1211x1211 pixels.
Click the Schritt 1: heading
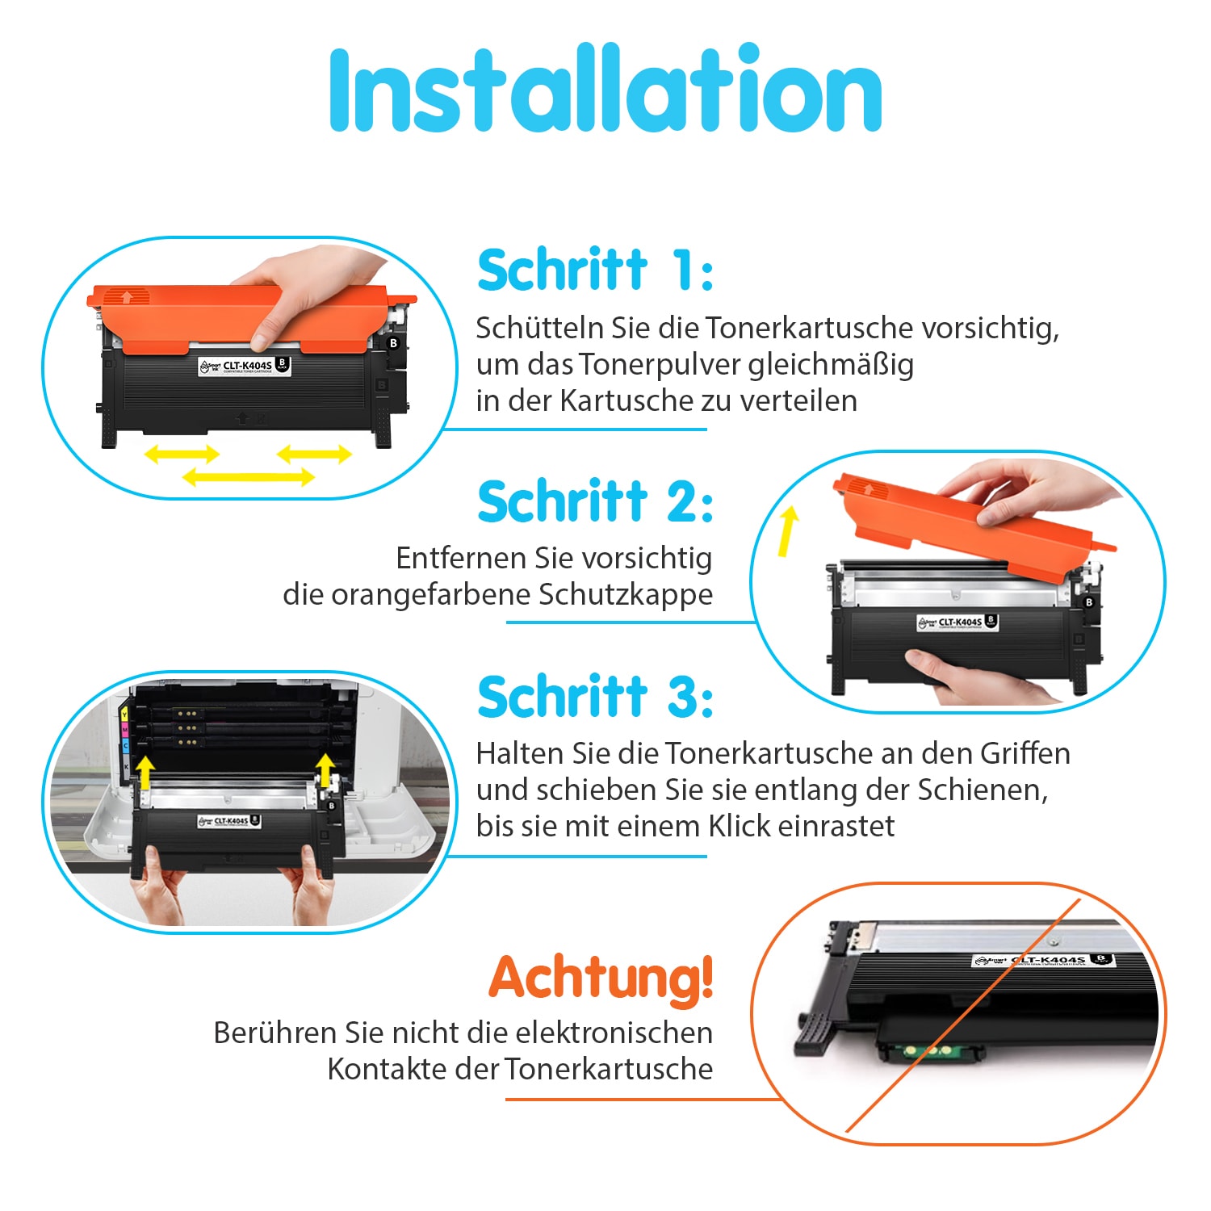[x=595, y=270]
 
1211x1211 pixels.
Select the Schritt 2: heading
[x=595, y=501]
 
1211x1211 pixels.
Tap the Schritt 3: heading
[x=595, y=696]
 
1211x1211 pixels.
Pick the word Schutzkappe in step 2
[x=626, y=595]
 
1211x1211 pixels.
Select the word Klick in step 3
[x=738, y=826]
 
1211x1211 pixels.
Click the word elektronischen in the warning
[x=614, y=1033]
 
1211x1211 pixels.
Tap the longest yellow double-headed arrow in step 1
[x=248, y=477]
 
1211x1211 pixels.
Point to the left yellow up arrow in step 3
[x=145, y=773]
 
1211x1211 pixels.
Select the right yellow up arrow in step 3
[x=325, y=771]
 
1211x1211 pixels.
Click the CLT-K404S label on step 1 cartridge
[x=245, y=367]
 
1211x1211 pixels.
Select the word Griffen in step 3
[x=1025, y=753]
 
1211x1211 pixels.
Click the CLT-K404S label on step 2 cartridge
[x=958, y=622]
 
